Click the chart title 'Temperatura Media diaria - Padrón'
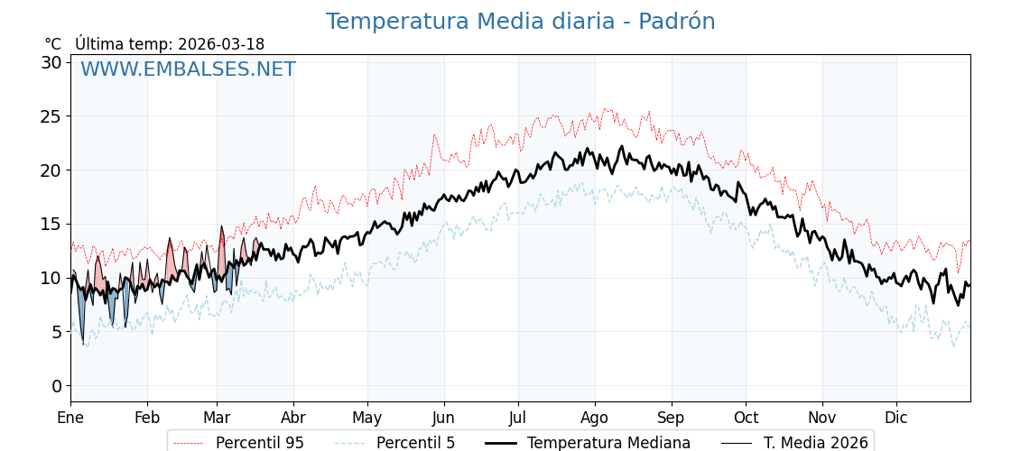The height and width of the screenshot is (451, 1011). click(520, 22)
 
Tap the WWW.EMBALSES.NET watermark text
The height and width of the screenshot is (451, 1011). click(188, 69)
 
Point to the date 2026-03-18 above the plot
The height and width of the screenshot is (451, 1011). click(221, 44)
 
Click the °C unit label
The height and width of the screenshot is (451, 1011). click(52, 44)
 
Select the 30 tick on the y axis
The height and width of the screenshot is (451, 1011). click(51, 62)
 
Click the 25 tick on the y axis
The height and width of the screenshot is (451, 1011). click(51, 116)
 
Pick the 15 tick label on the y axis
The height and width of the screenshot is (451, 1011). click(51, 224)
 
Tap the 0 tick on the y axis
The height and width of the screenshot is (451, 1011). click(56, 386)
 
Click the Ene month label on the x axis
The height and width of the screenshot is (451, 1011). click(70, 418)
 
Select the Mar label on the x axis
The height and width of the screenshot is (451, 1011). click(217, 418)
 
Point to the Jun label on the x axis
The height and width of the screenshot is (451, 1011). click(443, 418)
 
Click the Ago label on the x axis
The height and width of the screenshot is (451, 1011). click(594, 418)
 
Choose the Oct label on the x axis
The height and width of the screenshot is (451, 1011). click(746, 418)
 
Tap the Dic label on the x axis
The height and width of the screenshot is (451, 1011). click(896, 418)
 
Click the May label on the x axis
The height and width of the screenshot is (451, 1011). click(367, 418)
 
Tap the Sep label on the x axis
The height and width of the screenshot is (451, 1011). click(671, 418)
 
